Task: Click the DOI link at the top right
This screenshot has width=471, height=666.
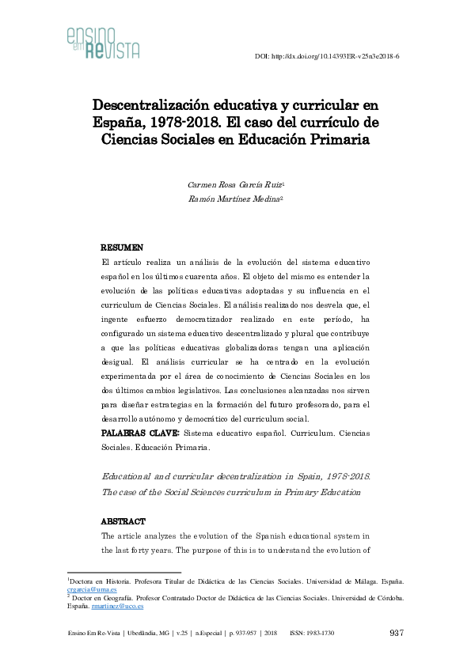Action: [x=327, y=57]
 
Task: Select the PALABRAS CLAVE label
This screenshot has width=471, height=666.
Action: [x=140, y=433]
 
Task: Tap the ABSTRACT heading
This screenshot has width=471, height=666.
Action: [x=123, y=522]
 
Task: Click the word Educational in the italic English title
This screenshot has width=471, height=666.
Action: [x=132, y=478]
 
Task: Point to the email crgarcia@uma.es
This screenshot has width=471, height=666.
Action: [x=92, y=590]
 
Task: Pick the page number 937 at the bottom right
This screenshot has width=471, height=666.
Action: [x=398, y=633]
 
